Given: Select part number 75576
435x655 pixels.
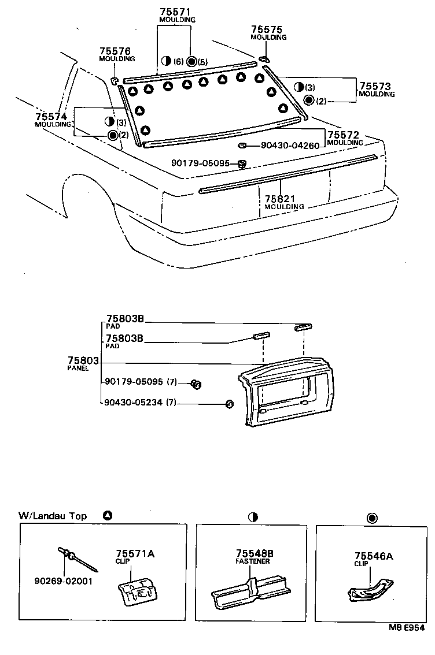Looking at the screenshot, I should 114,51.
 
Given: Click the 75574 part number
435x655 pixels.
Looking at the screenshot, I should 50,117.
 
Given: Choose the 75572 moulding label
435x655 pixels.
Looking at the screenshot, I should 344,135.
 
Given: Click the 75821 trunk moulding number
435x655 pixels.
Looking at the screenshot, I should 281,199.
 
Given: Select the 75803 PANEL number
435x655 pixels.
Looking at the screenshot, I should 84,361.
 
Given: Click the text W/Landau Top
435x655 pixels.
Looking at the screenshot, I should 53,516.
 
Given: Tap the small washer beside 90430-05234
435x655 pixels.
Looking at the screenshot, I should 228,404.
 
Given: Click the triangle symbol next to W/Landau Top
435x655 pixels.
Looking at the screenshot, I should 107,515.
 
